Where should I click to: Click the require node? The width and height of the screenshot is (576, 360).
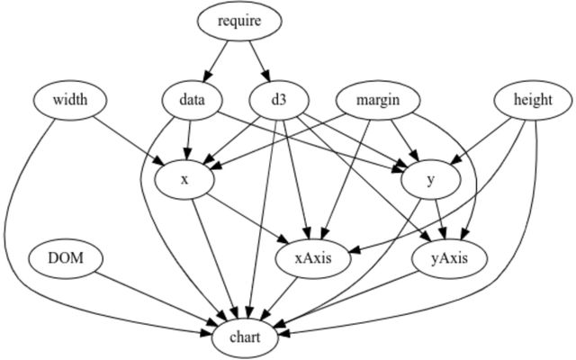(x=240, y=21)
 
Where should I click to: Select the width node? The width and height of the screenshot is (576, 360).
(x=70, y=100)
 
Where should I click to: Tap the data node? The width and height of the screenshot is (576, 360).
(x=192, y=100)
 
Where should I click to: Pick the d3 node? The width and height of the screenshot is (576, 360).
(x=279, y=100)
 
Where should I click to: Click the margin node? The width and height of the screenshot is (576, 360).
(x=378, y=100)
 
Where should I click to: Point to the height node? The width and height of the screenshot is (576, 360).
(x=533, y=100)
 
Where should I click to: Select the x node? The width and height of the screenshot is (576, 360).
(x=184, y=180)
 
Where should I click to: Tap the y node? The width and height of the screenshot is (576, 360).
(x=431, y=180)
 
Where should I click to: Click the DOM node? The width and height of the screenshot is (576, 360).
(x=66, y=258)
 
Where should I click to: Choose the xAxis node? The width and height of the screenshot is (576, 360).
(x=313, y=258)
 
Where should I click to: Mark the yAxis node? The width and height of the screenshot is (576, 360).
(x=450, y=258)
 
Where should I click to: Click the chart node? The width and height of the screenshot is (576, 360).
(x=245, y=337)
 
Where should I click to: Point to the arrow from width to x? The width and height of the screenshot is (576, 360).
(x=128, y=140)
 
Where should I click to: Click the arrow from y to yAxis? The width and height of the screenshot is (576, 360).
(x=440, y=219)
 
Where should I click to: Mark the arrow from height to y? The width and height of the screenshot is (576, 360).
(x=481, y=140)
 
